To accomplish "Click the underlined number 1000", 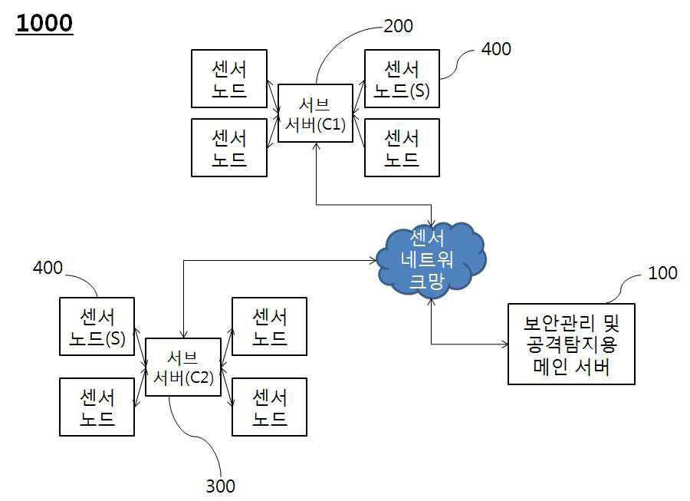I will pyautogui.click(x=44, y=23).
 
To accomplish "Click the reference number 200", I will pyautogui.click(x=397, y=26).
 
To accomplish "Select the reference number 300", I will pyautogui.click(x=221, y=486).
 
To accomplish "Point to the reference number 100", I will pyautogui.click(x=662, y=273).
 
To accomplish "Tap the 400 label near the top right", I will pyautogui.click(x=495, y=49).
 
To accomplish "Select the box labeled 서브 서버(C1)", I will pyautogui.click(x=316, y=113).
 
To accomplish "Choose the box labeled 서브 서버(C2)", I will pyautogui.click(x=182, y=367).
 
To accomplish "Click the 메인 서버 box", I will pyautogui.click(x=571, y=344).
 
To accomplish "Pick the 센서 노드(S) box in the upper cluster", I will pyautogui.click(x=402, y=79).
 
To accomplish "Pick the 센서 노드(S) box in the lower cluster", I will pyautogui.click(x=97, y=327).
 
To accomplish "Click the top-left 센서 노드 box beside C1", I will pyautogui.click(x=228, y=79).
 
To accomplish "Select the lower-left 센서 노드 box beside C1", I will pyautogui.click(x=228, y=147).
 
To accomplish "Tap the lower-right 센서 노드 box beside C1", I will pyautogui.click(x=402, y=147).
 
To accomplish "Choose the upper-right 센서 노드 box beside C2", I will pyautogui.click(x=269, y=327).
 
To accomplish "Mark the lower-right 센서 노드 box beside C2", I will pyautogui.click(x=269, y=407).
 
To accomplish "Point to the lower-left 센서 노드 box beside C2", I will pyautogui.click(x=97, y=407).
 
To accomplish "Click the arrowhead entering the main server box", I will pyautogui.click(x=504, y=344).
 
